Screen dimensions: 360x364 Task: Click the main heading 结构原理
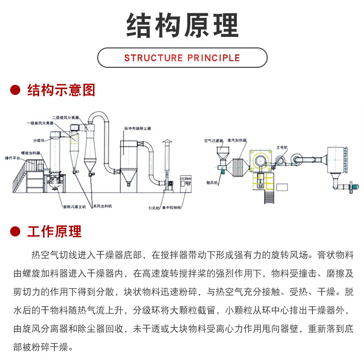[182, 25]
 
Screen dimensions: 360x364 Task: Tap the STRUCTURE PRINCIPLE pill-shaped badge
[182, 58]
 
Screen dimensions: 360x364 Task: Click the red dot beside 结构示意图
[16, 90]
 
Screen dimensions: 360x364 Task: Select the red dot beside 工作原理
[16, 231]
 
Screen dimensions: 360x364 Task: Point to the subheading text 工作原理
[54, 231]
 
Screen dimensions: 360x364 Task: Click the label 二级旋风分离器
[65, 117]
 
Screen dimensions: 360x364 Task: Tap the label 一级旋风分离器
[40, 124]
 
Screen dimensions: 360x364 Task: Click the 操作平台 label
[13, 157]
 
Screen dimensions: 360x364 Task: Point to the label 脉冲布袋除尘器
[137, 128]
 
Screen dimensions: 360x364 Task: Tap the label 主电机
[282, 147]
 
